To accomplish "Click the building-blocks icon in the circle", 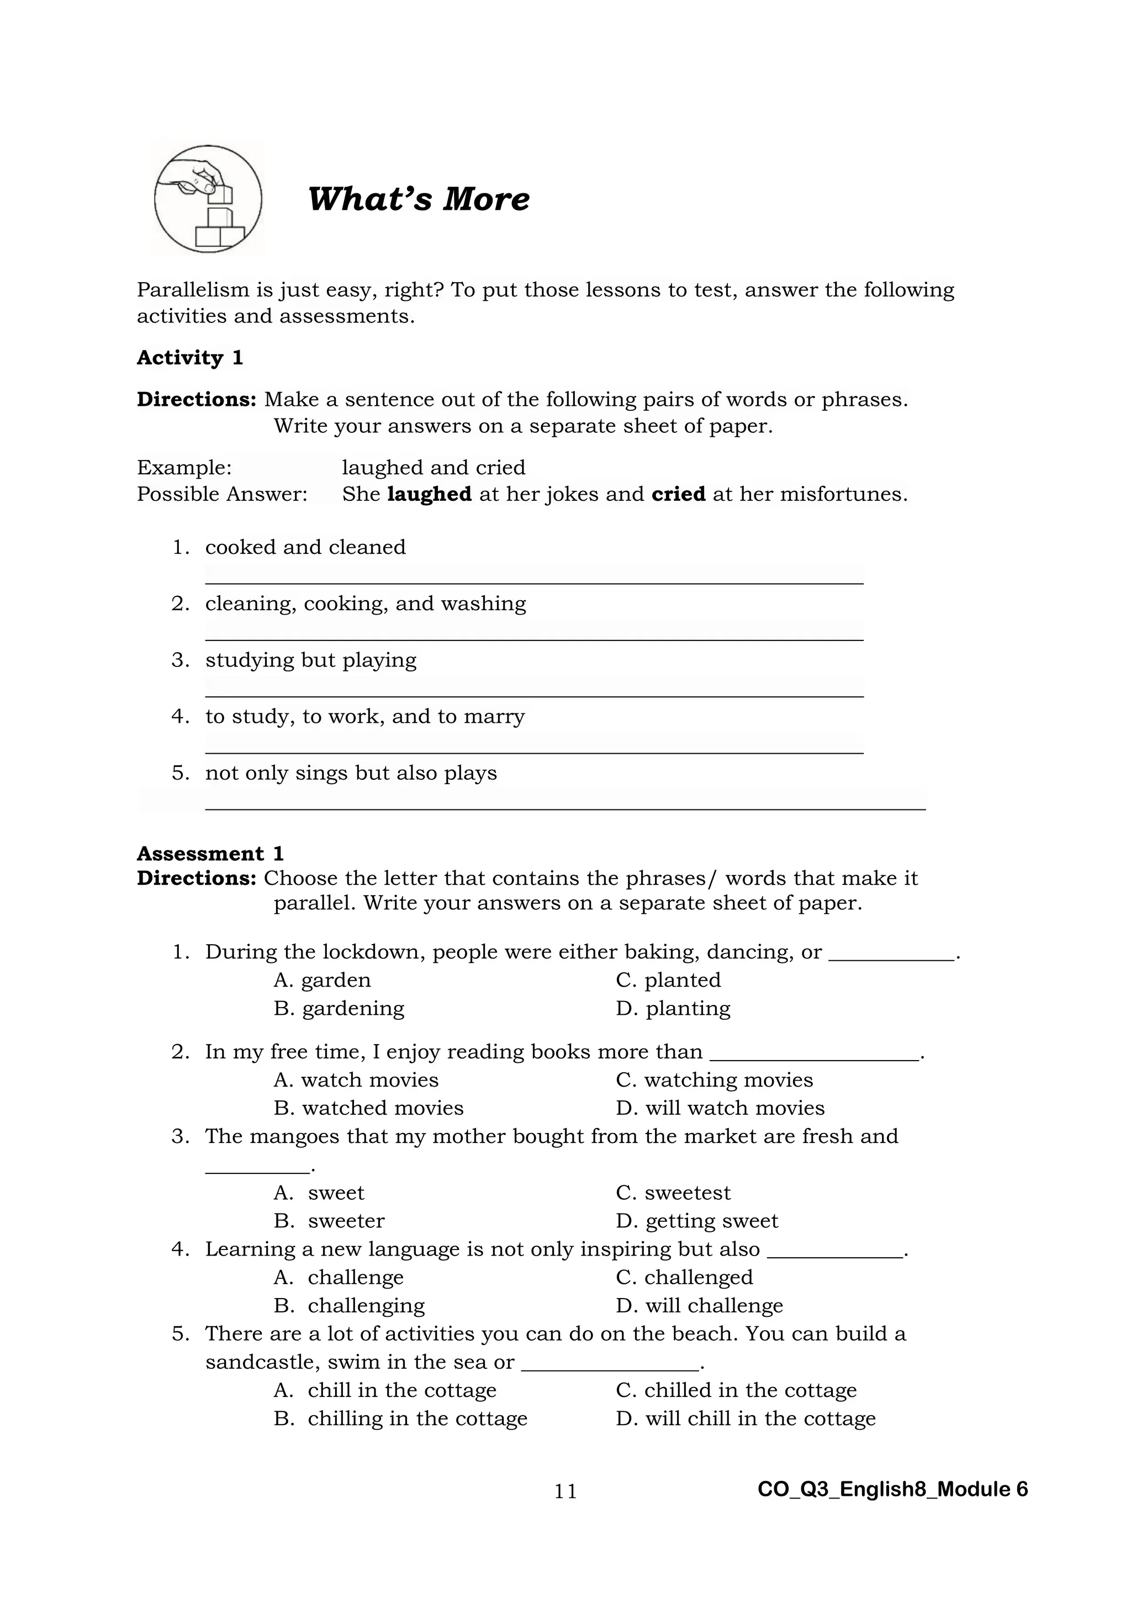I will [208, 199].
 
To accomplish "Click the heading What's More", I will [418, 199].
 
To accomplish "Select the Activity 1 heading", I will [189, 358].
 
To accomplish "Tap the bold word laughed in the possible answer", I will [429, 495].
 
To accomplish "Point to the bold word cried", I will [678, 495].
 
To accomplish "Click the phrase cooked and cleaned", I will [305, 547].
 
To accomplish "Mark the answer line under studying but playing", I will [533, 695].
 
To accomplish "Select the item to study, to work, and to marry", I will [365, 717].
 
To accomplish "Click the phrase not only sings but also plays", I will [351, 773].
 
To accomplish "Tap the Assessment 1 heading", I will [210, 854].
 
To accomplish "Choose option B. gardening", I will [339, 1008].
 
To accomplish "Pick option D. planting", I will [673, 1008].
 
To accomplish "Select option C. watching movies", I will [715, 1080].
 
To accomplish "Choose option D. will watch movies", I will [720, 1108].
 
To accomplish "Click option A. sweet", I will [320, 1193].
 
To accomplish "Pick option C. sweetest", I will [673, 1193].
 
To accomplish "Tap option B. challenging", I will [350, 1306].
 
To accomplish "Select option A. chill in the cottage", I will [385, 1391].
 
